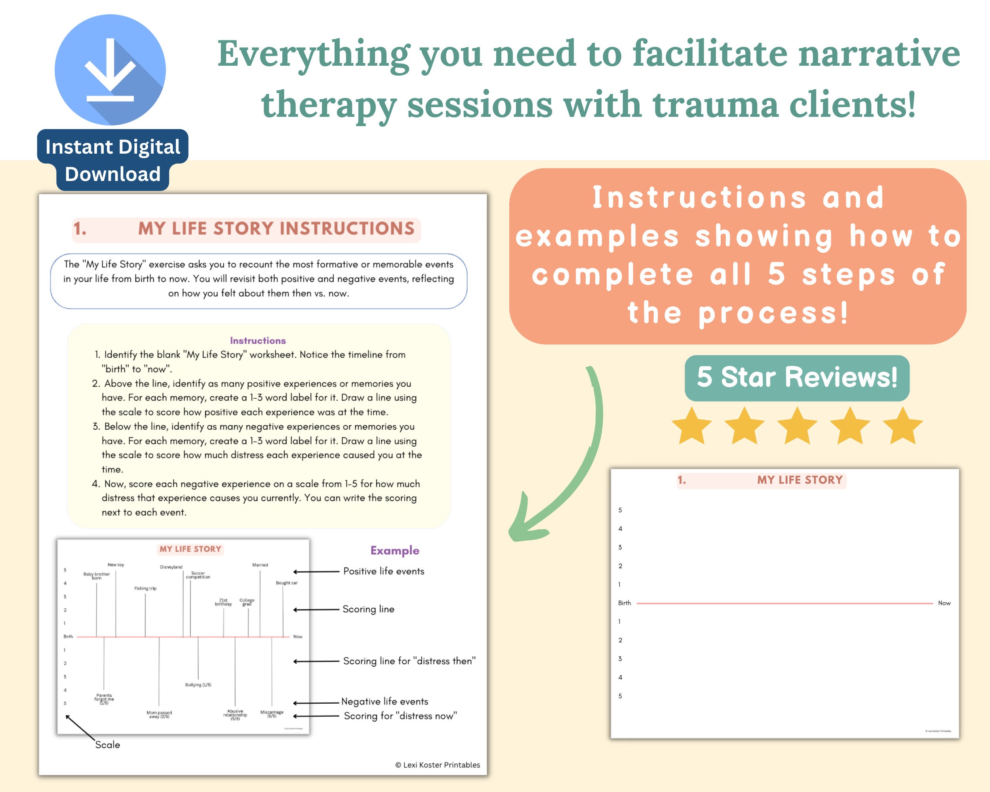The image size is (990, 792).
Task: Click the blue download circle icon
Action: click(x=110, y=70)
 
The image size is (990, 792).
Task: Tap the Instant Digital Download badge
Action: click(x=112, y=160)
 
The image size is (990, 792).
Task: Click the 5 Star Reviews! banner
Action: click(x=797, y=377)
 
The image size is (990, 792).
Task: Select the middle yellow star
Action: click(x=797, y=426)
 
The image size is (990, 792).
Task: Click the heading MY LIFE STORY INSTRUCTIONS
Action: click(x=276, y=228)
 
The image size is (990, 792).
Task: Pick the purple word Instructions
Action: click(x=258, y=341)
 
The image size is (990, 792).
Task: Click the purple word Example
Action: click(x=394, y=550)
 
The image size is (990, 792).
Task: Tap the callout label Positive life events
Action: click(x=383, y=571)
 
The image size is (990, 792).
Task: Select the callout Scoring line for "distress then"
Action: click(x=409, y=661)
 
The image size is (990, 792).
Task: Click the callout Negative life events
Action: click(x=385, y=702)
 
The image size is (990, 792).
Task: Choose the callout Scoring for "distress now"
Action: click(x=400, y=716)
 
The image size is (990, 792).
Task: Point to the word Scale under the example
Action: click(x=107, y=745)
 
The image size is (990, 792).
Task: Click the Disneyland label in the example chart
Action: click(x=171, y=567)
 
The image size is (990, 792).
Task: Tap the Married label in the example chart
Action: click(x=260, y=565)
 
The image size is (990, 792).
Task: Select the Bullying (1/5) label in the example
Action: click(x=198, y=685)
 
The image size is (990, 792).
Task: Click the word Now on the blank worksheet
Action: click(x=944, y=603)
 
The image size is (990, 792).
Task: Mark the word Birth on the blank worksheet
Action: click(x=624, y=603)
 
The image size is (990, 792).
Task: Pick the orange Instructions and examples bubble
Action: click(x=737, y=256)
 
